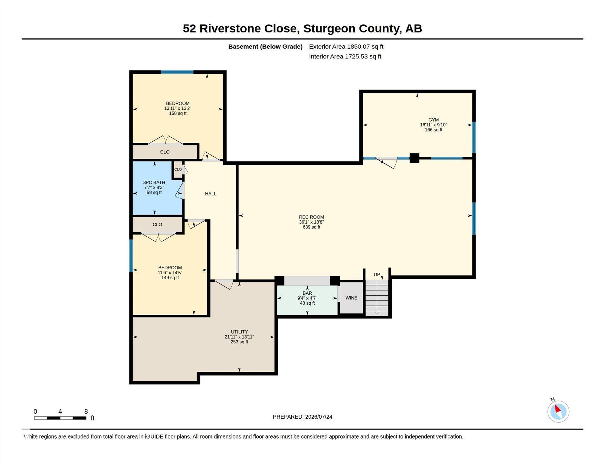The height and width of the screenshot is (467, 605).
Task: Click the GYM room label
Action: coord(433,120)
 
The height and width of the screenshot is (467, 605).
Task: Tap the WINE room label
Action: coord(351,298)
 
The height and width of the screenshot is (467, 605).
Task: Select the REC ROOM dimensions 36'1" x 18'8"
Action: coord(311,222)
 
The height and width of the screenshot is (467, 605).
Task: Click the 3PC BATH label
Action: coord(154,182)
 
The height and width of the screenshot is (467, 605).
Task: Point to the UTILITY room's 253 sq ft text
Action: coord(239,342)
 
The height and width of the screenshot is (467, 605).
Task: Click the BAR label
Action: coord(307,293)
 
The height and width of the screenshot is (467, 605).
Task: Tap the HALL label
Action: coord(211,194)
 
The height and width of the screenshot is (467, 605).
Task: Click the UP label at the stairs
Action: coord(377,274)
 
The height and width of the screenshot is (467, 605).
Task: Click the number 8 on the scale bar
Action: coord(86,411)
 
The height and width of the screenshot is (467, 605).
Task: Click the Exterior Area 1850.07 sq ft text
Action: coord(346,47)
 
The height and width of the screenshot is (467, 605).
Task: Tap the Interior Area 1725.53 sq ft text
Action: coord(345,57)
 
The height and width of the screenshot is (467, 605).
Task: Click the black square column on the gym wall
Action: coord(414,158)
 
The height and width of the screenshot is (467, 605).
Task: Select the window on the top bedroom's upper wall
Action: coord(177,72)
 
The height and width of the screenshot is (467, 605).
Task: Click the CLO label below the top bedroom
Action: coord(165,152)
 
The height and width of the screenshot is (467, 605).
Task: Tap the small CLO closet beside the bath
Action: coord(178,170)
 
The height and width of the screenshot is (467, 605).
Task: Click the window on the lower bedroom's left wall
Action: coord(131,255)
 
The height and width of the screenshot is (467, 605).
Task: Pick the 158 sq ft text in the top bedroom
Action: coord(178,113)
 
